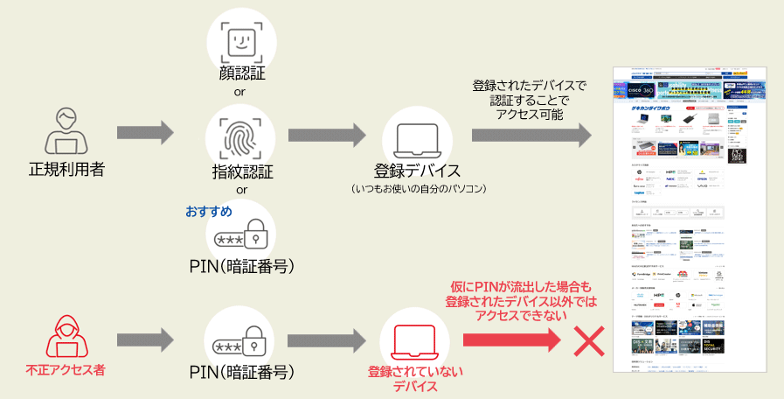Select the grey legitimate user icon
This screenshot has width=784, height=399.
(x=66, y=131)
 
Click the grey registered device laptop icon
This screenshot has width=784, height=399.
(x=417, y=137)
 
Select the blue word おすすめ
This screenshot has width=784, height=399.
(x=208, y=212)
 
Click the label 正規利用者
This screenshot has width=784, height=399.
(x=66, y=169)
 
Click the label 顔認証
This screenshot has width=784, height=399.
(x=241, y=73)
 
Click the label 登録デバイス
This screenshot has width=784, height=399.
(x=417, y=171)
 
